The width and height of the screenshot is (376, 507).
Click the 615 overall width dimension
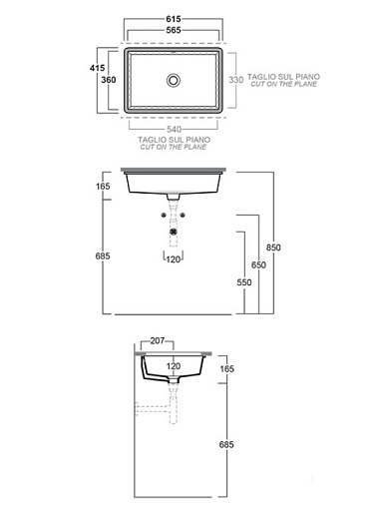coord(174,19)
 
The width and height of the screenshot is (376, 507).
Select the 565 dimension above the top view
coord(174,30)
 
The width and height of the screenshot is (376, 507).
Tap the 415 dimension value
coord(97,68)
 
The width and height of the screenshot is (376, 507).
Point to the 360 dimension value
coord(109,80)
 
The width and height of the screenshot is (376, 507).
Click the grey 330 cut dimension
coord(235,80)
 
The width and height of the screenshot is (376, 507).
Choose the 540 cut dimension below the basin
coord(174,129)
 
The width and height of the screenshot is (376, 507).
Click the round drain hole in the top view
coord(174,80)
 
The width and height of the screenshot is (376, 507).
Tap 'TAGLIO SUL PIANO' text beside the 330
coord(283,77)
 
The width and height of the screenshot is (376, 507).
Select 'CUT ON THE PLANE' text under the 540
coord(174,147)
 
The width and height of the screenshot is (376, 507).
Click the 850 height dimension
coord(273,248)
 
